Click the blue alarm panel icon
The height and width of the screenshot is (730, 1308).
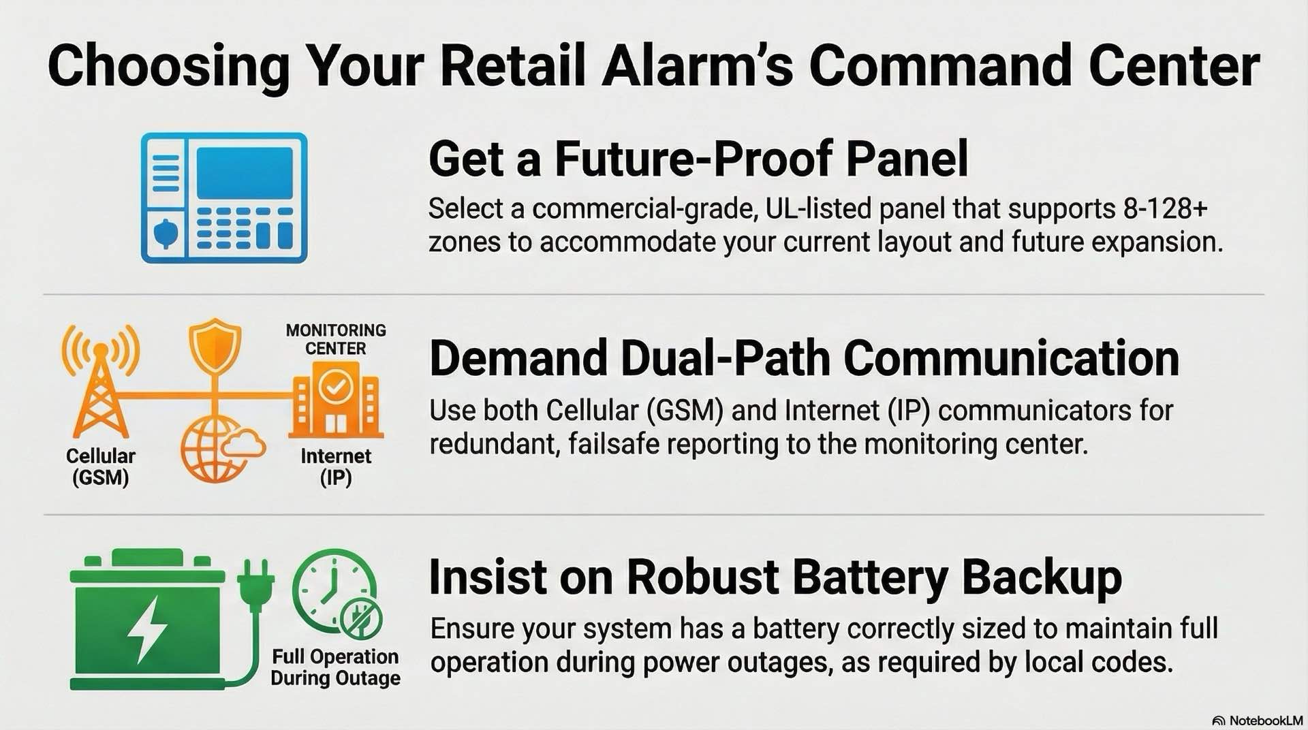point(224,197)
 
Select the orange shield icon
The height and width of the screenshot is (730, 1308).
point(215,345)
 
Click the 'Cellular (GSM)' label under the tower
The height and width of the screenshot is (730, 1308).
point(101,466)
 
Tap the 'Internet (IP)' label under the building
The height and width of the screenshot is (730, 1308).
point(336,466)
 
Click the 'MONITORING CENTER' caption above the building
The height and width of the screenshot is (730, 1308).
point(336,339)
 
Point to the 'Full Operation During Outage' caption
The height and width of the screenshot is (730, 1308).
point(335,667)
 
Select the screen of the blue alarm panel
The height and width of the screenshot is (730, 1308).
point(245,173)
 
